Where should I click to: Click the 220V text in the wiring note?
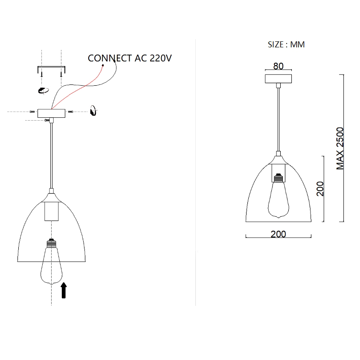[160, 58]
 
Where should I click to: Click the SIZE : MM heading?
[286, 44]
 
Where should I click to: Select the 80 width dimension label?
[278, 66]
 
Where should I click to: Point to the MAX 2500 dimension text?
[340, 148]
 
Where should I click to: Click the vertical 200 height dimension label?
[320, 189]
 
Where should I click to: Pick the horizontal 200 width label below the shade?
[278, 234]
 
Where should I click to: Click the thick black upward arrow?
[64, 290]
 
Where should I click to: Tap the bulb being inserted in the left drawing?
[52, 261]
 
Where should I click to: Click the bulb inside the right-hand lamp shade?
[279, 196]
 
